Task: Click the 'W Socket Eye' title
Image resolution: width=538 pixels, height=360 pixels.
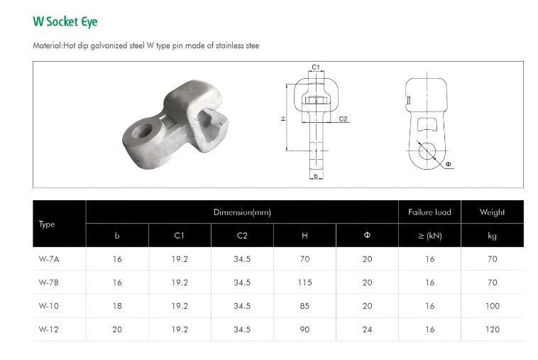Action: pos(65,21)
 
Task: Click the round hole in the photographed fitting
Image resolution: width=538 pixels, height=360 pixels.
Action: pos(142,130)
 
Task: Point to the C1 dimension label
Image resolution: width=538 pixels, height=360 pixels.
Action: pos(316,67)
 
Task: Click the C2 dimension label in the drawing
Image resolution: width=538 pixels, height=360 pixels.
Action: pos(343,119)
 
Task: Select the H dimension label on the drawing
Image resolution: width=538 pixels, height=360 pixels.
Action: pos(283,119)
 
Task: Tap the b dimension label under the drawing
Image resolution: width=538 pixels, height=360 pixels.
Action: pos(316,176)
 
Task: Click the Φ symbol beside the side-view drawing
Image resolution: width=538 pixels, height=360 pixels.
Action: pos(448,165)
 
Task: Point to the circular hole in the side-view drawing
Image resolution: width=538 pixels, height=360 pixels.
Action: pos(427,151)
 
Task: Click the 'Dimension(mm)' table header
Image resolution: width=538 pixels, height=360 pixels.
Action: pos(242,212)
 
